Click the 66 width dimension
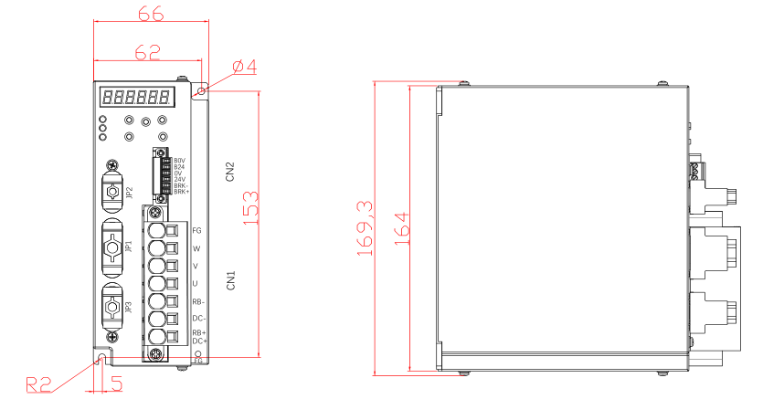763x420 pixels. click(x=150, y=15)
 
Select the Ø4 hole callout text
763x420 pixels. click(x=244, y=67)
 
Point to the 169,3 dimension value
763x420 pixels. click(x=365, y=227)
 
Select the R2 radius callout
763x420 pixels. click(x=38, y=384)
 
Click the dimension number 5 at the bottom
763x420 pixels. click(x=116, y=383)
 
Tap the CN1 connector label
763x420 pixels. click(x=231, y=279)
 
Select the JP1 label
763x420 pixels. click(x=129, y=247)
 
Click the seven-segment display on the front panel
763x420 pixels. click(x=138, y=96)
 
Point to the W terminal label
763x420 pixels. click(x=196, y=248)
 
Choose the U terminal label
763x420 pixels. click(x=196, y=284)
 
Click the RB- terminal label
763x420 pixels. click(x=198, y=301)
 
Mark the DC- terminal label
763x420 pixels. click(x=198, y=318)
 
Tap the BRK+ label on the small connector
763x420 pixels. click(x=182, y=192)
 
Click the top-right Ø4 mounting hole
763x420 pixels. click(x=202, y=90)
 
